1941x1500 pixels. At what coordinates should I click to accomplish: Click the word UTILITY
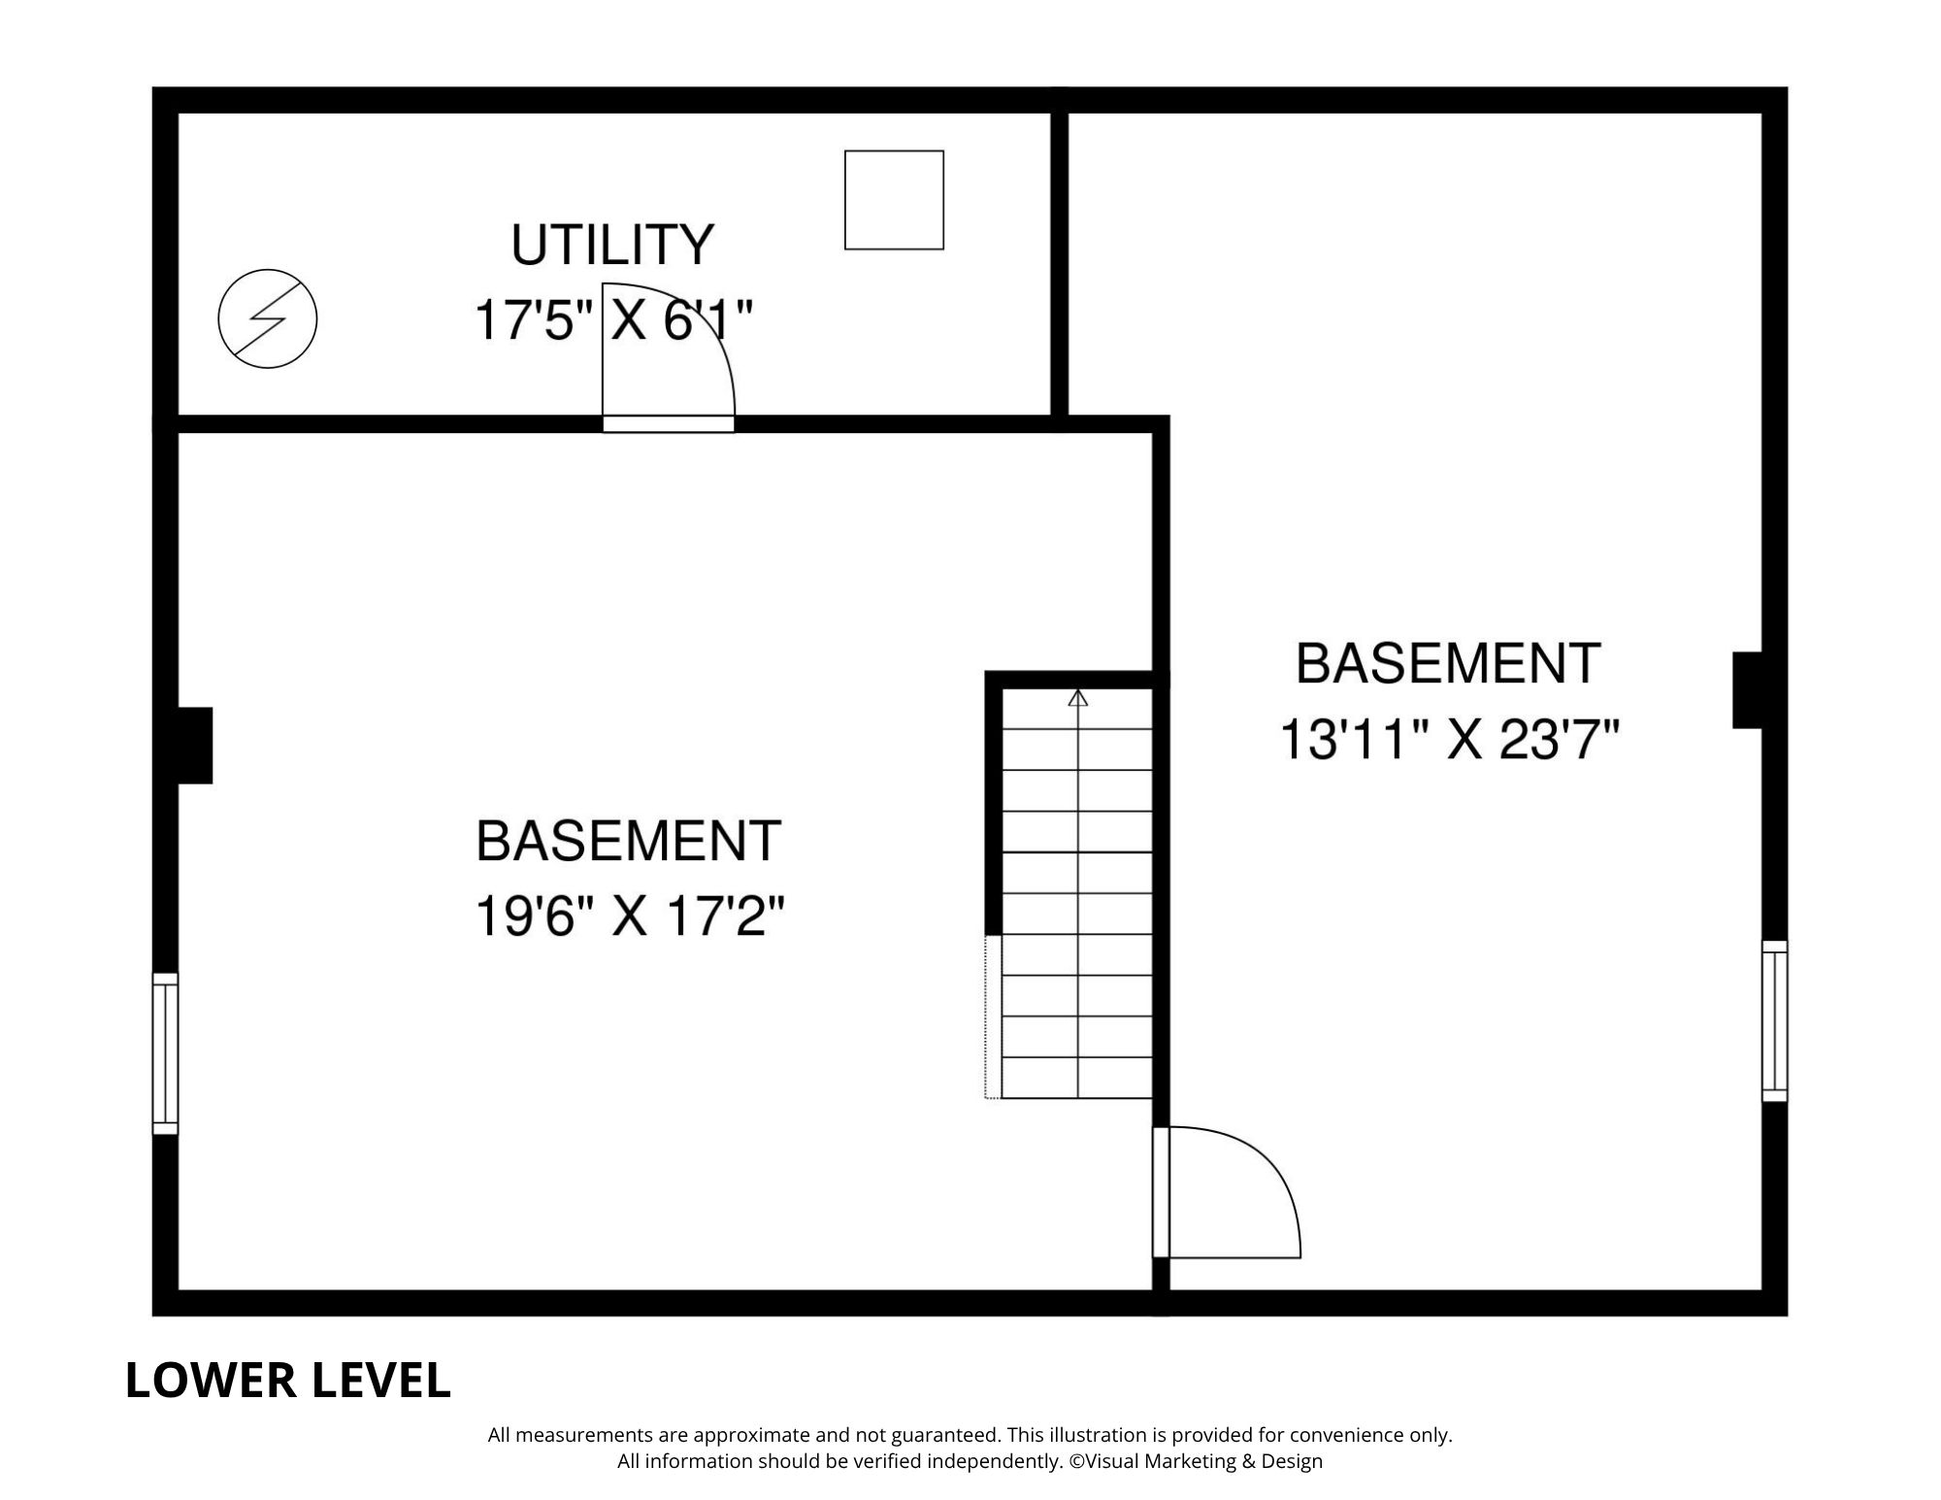(612, 245)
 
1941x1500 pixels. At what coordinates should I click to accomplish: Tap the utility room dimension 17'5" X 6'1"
(613, 320)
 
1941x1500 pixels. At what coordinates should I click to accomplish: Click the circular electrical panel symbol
(268, 318)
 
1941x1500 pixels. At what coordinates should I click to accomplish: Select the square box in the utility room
(894, 200)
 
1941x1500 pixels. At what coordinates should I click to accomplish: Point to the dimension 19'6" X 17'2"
(629, 916)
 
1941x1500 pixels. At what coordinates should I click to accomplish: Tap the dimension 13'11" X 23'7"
(1450, 740)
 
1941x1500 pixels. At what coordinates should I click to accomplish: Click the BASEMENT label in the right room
(1448, 664)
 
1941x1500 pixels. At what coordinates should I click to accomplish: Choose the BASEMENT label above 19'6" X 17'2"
(629, 841)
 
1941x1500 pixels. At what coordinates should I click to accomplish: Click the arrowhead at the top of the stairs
(1077, 697)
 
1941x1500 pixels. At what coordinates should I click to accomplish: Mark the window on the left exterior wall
(165, 1053)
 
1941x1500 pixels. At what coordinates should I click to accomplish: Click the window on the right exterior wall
(1774, 1020)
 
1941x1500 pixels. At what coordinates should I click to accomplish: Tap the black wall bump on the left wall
(194, 746)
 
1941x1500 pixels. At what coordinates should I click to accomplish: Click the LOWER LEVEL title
(288, 1381)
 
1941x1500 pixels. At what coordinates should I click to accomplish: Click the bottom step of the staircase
(1077, 1078)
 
